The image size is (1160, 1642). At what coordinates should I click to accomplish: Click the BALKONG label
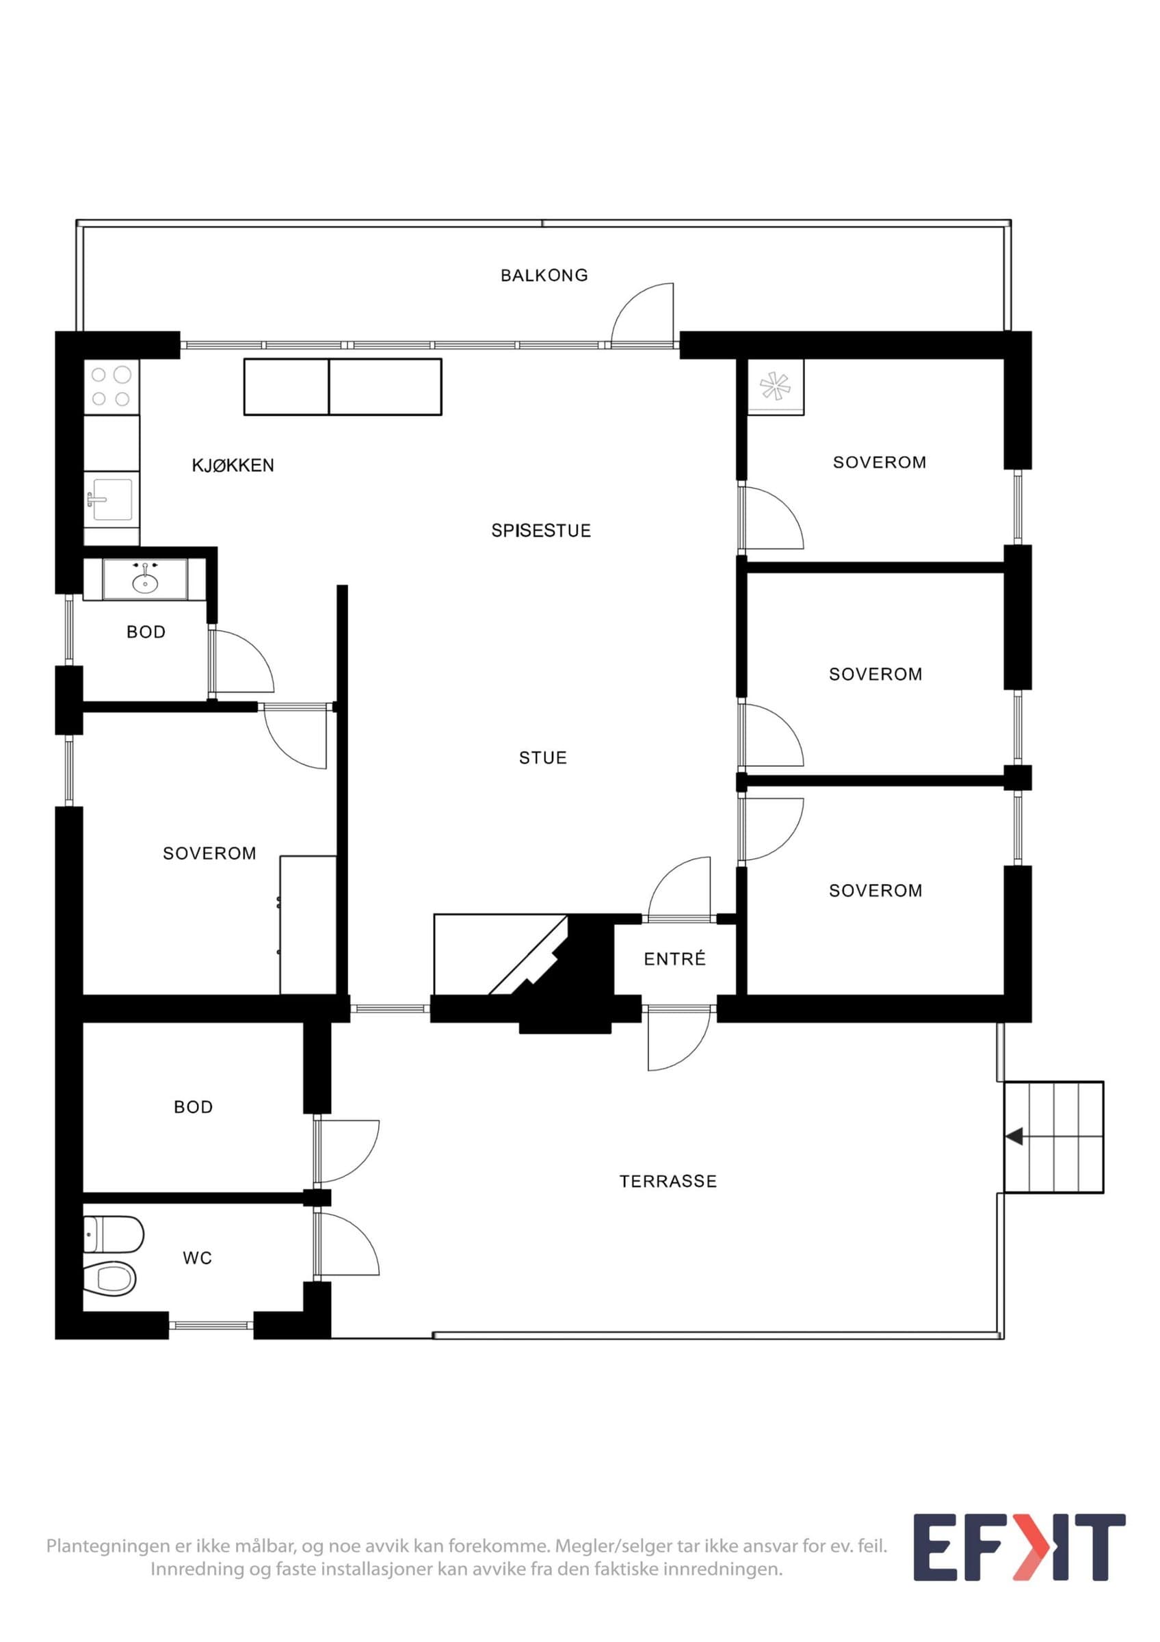[x=544, y=275]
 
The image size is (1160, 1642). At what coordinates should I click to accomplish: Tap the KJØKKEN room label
[x=233, y=465]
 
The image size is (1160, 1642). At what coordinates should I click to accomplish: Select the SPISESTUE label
[x=541, y=531]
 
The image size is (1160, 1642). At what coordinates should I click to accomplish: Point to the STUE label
[x=543, y=758]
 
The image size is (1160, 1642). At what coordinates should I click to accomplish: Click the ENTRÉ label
[x=674, y=959]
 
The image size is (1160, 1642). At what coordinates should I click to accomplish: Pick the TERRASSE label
[x=668, y=1182]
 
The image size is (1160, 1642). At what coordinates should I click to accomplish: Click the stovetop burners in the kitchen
[x=111, y=386]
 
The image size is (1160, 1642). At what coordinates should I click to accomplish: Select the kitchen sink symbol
[x=111, y=499]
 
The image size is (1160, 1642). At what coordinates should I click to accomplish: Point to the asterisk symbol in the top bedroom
[x=776, y=387]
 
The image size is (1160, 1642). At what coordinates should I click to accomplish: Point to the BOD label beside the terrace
[x=193, y=1107]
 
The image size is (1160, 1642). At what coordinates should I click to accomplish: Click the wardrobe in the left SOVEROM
[x=308, y=925]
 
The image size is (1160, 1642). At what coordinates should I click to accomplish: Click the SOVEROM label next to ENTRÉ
[x=875, y=891]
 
